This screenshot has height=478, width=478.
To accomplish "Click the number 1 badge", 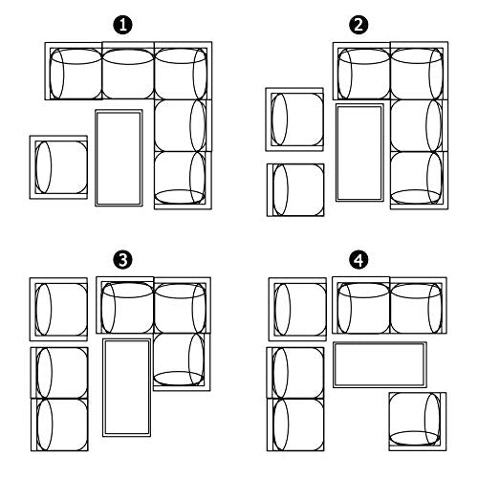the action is click(x=123, y=25).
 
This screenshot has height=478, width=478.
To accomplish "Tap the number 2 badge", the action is click(x=358, y=25).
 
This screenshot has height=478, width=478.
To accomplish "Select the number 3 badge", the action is click(x=123, y=260).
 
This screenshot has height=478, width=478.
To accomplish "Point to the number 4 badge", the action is click(x=358, y=260).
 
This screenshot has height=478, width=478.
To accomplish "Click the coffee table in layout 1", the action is click(x=119, y=158).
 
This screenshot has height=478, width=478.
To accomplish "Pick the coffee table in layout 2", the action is click(x=359, y=153).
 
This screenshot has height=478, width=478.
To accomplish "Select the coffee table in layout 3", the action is click(x=126, y=387).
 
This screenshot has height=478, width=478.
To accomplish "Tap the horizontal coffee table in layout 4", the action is click(x=380, y=365).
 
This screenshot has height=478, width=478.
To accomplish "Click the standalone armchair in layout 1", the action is click(x=58, y=167).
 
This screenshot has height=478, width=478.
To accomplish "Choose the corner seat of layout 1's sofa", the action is click(x=184, y=71).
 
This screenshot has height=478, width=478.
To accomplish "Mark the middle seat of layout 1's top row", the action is click(x=128, y=71).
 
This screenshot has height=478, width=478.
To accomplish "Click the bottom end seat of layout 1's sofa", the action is click(x=184, y=181).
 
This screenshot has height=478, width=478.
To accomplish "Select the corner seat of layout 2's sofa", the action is click(x=420, y=71).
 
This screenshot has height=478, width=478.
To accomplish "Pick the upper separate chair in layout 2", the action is click(x=294, y=119).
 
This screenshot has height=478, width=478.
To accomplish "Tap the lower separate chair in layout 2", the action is click(x=295, y=190).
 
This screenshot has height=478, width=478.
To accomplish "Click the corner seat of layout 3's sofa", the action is click(x=183, y=305).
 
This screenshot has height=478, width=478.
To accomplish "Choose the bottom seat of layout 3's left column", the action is click(x=59, y=424).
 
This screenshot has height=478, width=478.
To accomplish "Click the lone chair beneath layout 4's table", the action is click(x=418, y=422).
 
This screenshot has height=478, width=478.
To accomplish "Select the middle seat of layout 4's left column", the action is click(x=295, y=373).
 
